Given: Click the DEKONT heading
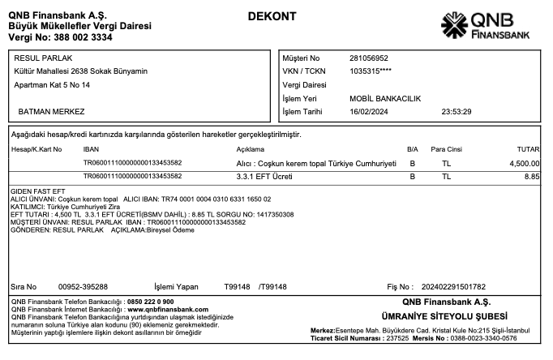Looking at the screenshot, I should (272, 17).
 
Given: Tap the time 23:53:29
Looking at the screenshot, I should (456, 111).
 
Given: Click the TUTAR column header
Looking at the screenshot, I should (528, 150).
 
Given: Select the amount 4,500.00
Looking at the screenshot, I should (525, 163).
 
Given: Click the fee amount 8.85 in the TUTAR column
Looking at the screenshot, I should (532, 176).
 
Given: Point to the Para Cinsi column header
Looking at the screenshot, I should (446, 150).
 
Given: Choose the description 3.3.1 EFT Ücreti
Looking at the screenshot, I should (264, 176).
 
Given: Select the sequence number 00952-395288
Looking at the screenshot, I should (84, 286).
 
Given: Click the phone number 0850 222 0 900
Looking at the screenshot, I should (150, 302).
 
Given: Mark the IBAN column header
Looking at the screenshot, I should (91, 150).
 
